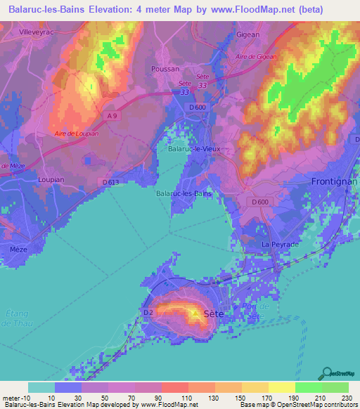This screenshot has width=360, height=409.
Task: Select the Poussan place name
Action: [x=165, y=69]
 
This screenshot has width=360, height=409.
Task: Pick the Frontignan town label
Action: [x=333, y=181]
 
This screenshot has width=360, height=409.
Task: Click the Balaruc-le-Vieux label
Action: [x=195, y=149]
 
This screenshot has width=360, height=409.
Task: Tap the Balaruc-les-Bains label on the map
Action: [x=184, y=193]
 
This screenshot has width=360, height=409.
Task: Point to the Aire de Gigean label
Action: [x=257, y=57]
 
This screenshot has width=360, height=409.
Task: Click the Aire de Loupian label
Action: [x=77, y=133]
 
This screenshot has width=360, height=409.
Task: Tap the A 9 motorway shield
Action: [x=113, y=115]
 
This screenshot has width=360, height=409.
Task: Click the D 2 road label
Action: [x=148, y=312]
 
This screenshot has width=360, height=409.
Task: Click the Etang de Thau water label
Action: [x=14, y=317]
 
